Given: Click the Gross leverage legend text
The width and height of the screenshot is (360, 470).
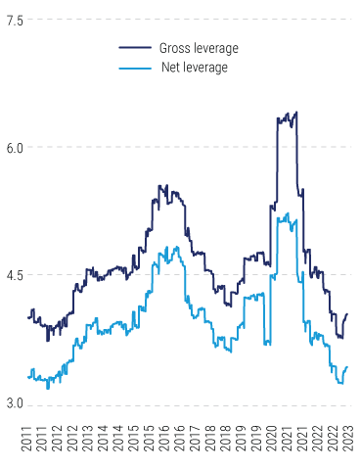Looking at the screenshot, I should pos(198,48).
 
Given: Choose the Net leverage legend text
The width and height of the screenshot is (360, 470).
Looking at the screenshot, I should pos(194,68).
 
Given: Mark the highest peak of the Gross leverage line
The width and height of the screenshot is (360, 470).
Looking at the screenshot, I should pos(295,112).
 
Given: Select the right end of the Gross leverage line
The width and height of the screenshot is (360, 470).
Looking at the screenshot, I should pos(347,314).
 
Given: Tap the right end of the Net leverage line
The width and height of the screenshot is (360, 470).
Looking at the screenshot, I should pos(347,366).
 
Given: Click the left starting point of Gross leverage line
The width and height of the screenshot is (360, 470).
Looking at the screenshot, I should pos(28,316).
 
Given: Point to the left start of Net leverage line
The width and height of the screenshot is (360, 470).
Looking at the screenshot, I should pos(28,376).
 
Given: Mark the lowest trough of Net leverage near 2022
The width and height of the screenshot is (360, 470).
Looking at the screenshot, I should pos(339,383).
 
